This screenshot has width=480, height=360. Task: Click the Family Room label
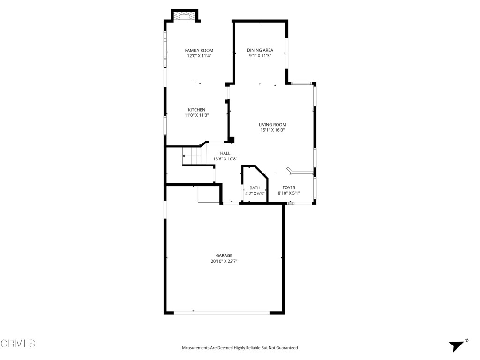pos(199,50)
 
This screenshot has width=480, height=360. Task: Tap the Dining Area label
pos(260,50)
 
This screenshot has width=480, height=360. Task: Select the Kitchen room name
pos(196,110)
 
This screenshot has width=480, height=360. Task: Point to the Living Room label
pos(272,125)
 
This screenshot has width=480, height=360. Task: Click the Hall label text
pos(225,153)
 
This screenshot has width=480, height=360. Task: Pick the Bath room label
pos(255,188)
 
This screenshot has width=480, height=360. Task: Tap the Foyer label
pos(289,188)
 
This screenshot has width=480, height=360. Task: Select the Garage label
pos(224,255)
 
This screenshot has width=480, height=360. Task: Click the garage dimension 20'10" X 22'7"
pos(224,261)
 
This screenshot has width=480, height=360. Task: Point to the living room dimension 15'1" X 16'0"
pos(273,130)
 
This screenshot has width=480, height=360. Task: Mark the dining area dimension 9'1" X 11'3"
pos(260,56)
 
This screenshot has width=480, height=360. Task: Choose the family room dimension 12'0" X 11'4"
pos(199,56)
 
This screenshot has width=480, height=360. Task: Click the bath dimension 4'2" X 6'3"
pos(255,193)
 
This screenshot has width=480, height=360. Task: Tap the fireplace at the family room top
pos(184,16)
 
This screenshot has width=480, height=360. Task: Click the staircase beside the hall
pos(192,156)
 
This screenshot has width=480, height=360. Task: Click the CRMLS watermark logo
pos(18,344)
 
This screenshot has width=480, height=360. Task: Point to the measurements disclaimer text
pos(240,348)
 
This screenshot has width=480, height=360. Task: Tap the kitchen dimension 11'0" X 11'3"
pos(196,115)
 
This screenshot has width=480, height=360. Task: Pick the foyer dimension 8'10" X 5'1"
pos(289,193)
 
